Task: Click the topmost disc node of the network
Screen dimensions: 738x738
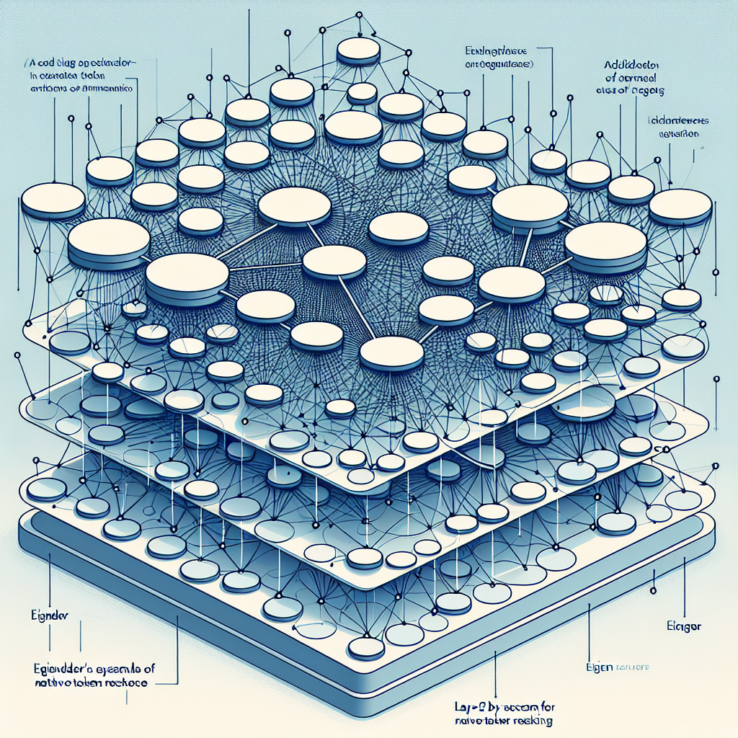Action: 358,49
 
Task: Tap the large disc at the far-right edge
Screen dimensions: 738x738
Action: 680,207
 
